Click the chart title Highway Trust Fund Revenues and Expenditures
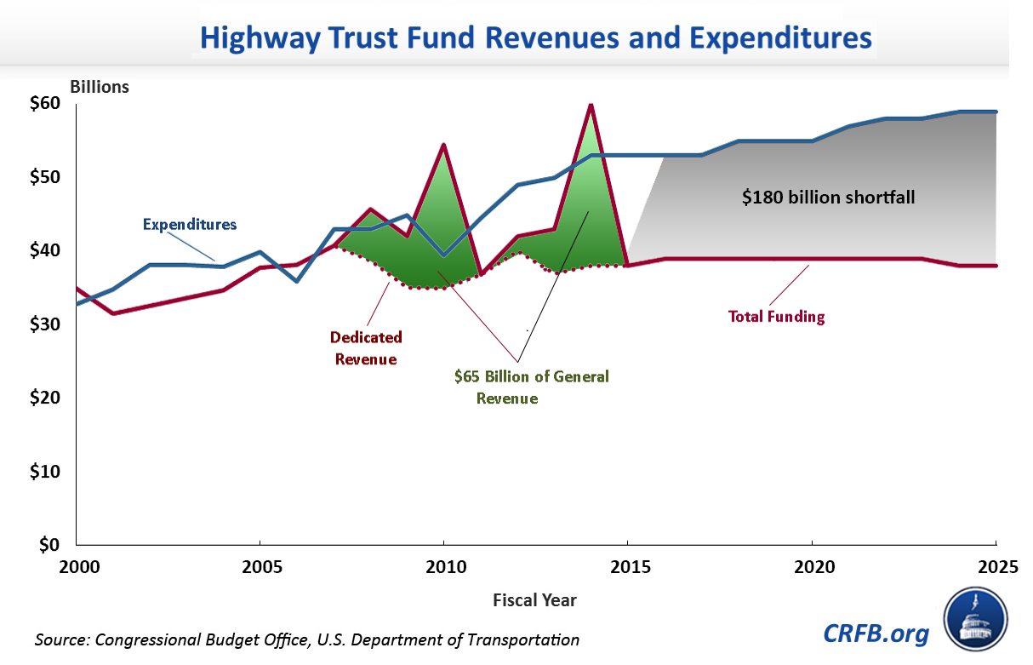(535, 39)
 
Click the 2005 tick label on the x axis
(260, 565)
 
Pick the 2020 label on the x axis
(812, 565)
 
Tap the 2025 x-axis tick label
(995, 565)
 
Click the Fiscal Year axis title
(534, 600)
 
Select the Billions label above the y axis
(100, 87)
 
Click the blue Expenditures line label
(189, 225)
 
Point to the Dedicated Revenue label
(367, 348)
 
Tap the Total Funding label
(776, 317)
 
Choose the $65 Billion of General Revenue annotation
(531, 387)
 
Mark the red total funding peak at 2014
(591, 105)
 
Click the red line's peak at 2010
(443, 146)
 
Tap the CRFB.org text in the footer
(876, 633)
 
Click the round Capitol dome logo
(975, 618)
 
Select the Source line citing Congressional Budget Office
(307, 639)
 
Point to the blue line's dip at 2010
(443, 255)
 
